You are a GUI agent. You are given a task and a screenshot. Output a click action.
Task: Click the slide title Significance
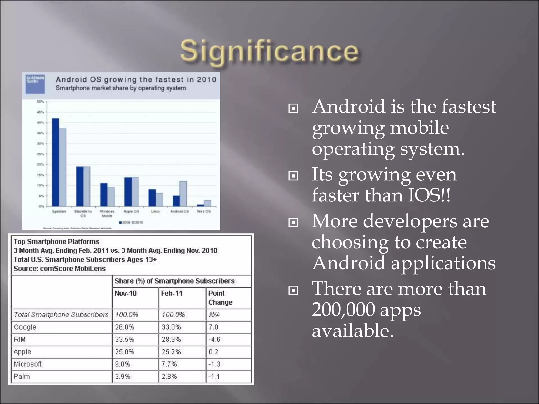click(x=269, y=51)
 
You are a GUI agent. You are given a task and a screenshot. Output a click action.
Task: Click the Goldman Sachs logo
click(x=35, y=84)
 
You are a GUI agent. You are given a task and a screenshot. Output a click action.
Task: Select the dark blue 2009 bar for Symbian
click(x=56, y=162)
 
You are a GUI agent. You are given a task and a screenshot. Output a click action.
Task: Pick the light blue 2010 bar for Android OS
click(x=183, y=194)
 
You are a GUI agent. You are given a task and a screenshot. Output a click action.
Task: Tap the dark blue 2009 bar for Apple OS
click(x=128, y=192)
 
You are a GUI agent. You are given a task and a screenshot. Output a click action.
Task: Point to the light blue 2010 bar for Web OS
click(x=207, y=203)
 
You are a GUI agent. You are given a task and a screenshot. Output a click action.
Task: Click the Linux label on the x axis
click(x=156, y=211)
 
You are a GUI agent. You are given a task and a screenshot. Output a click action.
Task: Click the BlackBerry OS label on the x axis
click(x=83, y=213)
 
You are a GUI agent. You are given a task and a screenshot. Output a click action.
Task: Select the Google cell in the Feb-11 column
click(x=171, y=327)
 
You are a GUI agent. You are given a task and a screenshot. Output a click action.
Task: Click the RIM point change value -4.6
click(x=214, y=339)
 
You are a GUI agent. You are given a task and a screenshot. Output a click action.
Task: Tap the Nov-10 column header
click(x=126, y=293)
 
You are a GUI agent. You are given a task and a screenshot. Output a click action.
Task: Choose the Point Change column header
click(x=220, y=298)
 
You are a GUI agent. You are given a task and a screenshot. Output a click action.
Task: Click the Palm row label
click(x=22, y=376)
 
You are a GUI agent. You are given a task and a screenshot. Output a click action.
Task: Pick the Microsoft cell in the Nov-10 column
click(x=123, y=364)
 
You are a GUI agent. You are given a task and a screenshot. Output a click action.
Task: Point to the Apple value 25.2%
click(x=171, y=352)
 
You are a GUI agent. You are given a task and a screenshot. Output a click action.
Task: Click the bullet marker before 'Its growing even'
click(x=293, y=176)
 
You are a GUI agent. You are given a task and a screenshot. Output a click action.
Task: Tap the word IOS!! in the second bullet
click(x=429, y=195)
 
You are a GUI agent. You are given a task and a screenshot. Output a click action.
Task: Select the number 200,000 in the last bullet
click(x=343, y=310)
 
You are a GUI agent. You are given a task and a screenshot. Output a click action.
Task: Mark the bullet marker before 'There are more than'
click(x=293, y=290)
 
